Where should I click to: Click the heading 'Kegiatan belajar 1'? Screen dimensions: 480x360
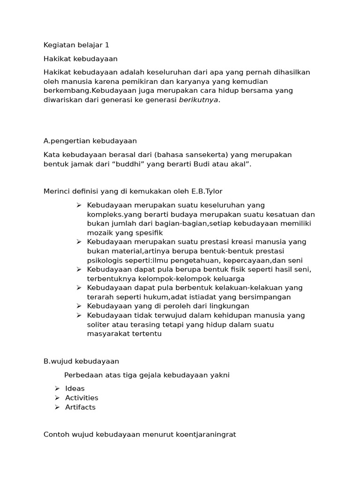click(x=76, y=45)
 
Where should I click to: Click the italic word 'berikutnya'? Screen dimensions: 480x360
click(x=199, y=99)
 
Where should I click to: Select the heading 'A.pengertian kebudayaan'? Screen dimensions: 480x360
click(x=90, y=141)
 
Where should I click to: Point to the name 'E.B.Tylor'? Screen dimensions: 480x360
click(x=206, y=191)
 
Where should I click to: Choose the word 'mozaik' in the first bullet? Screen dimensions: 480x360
click(x=99, y=232)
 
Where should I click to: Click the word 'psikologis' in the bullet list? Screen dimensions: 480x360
click(x=103, y=260)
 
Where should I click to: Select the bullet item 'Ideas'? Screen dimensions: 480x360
click(x=75, y=388)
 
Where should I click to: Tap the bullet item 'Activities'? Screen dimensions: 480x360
click(x=82, y=397)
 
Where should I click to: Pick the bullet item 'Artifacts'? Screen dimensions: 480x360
click(x=80, y=407)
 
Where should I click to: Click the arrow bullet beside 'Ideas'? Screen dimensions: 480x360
click(x=57, y=388)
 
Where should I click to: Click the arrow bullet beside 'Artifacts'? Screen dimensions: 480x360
click(x=57, y=407)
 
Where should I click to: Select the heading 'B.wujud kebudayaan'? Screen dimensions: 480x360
click(x=81, y=361)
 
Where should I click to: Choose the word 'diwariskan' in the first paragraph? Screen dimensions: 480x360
click(x=63, y=99)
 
